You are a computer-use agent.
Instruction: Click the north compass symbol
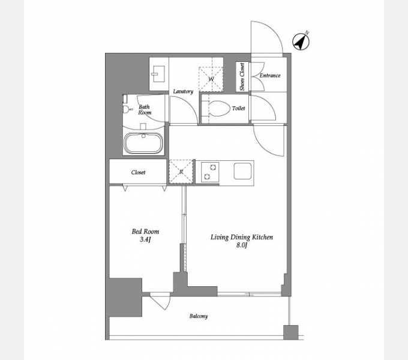[301, 41]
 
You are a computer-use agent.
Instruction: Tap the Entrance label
[270, 76]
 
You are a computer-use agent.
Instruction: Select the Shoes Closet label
[242, 77]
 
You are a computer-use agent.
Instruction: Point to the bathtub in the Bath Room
[144, 143]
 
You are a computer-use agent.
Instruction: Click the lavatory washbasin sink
[158, 74]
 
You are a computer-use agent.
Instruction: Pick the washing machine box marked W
[211, 79]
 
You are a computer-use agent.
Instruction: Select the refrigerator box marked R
[181, 172]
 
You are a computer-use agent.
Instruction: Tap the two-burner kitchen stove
[210, 172]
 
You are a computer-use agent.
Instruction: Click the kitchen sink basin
[243, 171]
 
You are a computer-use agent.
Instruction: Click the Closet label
[138, 172]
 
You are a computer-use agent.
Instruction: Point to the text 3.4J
[145, 239]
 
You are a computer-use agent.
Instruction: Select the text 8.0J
[241, 245]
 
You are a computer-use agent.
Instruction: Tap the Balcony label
[199, 316]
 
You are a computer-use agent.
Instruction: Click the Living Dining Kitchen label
[242, 237]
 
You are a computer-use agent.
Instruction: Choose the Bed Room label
[145, 231]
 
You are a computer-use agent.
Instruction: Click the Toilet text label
[238, 108]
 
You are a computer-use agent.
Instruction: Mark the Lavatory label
[183, 91]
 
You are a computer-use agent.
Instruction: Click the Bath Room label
[145, 110]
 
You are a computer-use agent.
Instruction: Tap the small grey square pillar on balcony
[290, 332]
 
